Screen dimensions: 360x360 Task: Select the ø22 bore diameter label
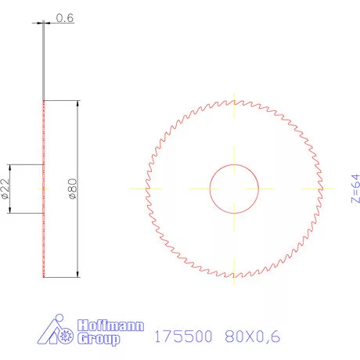[5, 189]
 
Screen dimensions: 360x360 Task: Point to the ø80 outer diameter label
[72, 189]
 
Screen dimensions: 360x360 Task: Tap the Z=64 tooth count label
[354, 188]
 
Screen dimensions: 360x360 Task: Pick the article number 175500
[184, 337]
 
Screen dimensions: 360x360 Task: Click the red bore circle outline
[210, 189]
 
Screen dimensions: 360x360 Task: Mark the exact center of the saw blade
[234, 189]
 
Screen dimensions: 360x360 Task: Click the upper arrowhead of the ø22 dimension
[9, 167]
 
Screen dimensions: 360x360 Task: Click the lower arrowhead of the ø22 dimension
[9, 211]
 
